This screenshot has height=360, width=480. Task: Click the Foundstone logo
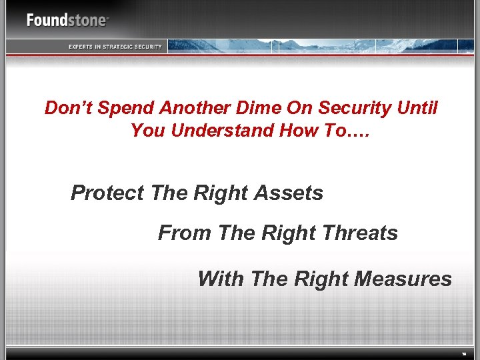(67, 20)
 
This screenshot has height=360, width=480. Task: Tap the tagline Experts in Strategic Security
(115, 46)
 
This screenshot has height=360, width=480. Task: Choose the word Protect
(107, 193)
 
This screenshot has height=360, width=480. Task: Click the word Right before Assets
(223, 193)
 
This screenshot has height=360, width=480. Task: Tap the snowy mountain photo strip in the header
(320, 45)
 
